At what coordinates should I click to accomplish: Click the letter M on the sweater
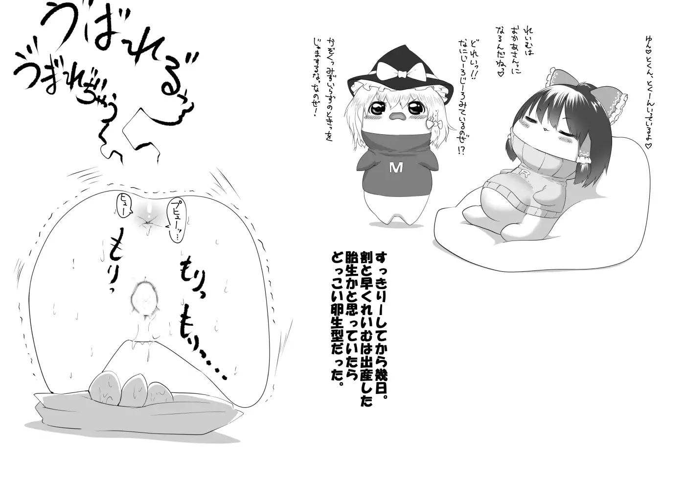pos(396,168)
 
